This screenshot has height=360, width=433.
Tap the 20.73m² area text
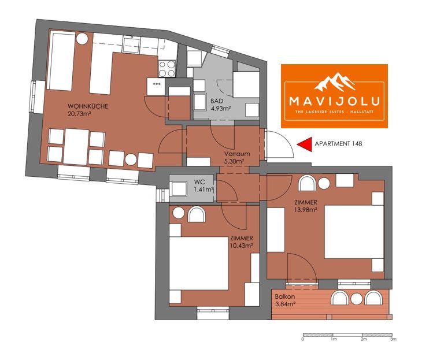(x=80, y=113)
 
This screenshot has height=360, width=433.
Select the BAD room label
(x=216, y=101)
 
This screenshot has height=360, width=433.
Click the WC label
(x=199, y=182)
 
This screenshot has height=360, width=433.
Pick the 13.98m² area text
(x=305, y=210)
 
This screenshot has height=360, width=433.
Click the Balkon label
(x=284, y=297)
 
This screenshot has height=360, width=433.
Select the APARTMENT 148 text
(x=338, y=144)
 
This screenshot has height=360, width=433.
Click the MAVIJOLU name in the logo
(x=334, y=101)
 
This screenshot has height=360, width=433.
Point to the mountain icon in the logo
(x=334, y=81)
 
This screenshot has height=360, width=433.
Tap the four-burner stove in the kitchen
(x=167, y=68)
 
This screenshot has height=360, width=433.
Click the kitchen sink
(x=132, y=44)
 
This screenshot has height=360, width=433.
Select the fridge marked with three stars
(x=156, y=87)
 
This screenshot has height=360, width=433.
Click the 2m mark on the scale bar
(x=364, y=339)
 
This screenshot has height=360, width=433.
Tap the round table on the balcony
(x=356, y=298)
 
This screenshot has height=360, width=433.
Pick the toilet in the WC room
(x=179, y=189)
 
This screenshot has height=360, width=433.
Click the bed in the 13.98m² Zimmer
(x=354, y=232)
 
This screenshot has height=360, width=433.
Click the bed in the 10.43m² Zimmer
(x=198, y=262)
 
